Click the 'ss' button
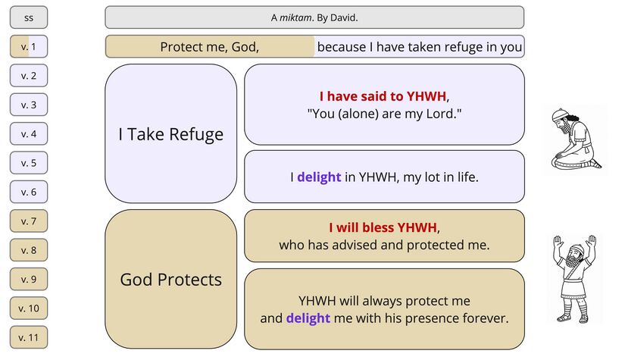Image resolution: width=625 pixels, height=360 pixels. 29,17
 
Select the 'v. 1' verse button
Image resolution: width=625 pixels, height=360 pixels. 29,46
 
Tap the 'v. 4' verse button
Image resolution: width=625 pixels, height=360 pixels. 29,134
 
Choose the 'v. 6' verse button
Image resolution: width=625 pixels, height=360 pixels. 29,193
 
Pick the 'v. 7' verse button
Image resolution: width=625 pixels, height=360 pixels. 29,221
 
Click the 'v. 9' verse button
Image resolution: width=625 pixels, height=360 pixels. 29,280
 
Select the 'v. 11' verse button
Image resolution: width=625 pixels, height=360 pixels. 29,337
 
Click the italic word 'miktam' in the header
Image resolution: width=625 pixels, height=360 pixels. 295,17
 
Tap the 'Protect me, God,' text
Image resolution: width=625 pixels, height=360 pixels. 210,47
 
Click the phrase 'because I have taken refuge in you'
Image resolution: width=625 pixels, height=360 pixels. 420,47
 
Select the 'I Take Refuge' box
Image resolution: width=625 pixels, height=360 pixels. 170,134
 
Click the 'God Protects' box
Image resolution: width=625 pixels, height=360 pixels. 170,280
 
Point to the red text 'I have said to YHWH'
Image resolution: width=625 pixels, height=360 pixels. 383,96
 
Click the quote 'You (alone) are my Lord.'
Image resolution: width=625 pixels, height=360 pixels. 384,114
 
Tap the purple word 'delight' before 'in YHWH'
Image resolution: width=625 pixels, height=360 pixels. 319,177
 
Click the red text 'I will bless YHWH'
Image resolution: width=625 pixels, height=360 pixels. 383,227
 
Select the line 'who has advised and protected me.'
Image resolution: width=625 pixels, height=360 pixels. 384,245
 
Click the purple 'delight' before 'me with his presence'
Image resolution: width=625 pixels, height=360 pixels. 308,318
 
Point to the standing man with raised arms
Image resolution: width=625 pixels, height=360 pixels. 575,278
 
